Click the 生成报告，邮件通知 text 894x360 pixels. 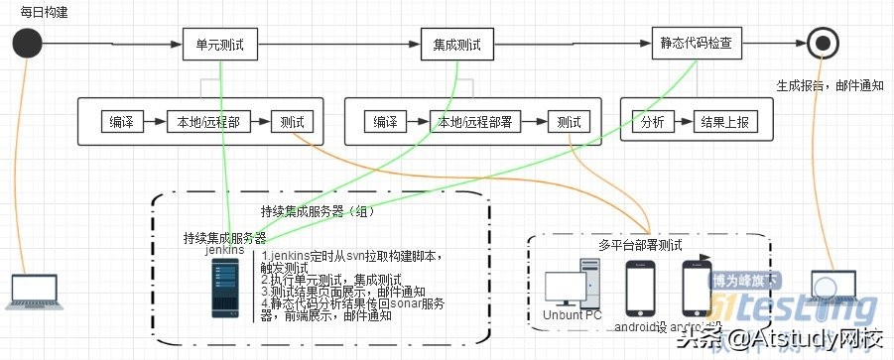pos(829,85)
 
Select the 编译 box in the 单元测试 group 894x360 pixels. pos(122,122)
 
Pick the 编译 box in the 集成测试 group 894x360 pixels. pos(385,122)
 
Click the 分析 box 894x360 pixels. pos(652,122)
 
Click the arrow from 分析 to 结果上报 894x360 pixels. pos(682,122)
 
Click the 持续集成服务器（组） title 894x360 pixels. pos(318,211)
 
